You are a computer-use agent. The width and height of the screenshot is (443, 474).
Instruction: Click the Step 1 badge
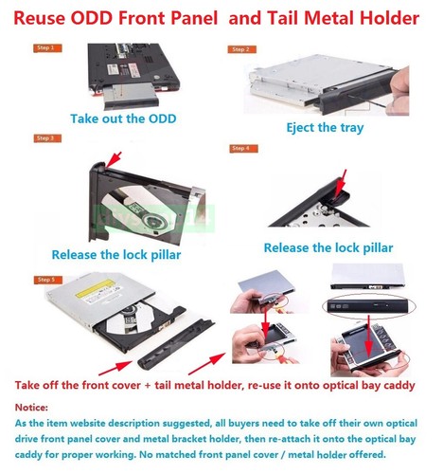(45, 47)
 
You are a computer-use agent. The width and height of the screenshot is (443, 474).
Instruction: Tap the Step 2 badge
(240, 48)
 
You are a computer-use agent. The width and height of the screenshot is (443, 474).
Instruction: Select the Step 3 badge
(45, 138)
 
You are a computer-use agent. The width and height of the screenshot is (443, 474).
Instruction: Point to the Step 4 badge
(240, 148)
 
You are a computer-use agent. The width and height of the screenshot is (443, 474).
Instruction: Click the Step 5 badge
(45, 280)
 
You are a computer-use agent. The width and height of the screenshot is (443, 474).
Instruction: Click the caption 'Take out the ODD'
(123, 118)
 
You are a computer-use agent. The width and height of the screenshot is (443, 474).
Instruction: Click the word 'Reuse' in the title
(47, 18)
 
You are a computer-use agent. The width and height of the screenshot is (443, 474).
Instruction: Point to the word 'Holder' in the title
(387, 18)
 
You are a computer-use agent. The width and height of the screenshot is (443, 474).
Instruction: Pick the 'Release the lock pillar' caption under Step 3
(115, 254)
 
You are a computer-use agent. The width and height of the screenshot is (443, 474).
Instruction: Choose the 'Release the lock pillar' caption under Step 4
(328, 247)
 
